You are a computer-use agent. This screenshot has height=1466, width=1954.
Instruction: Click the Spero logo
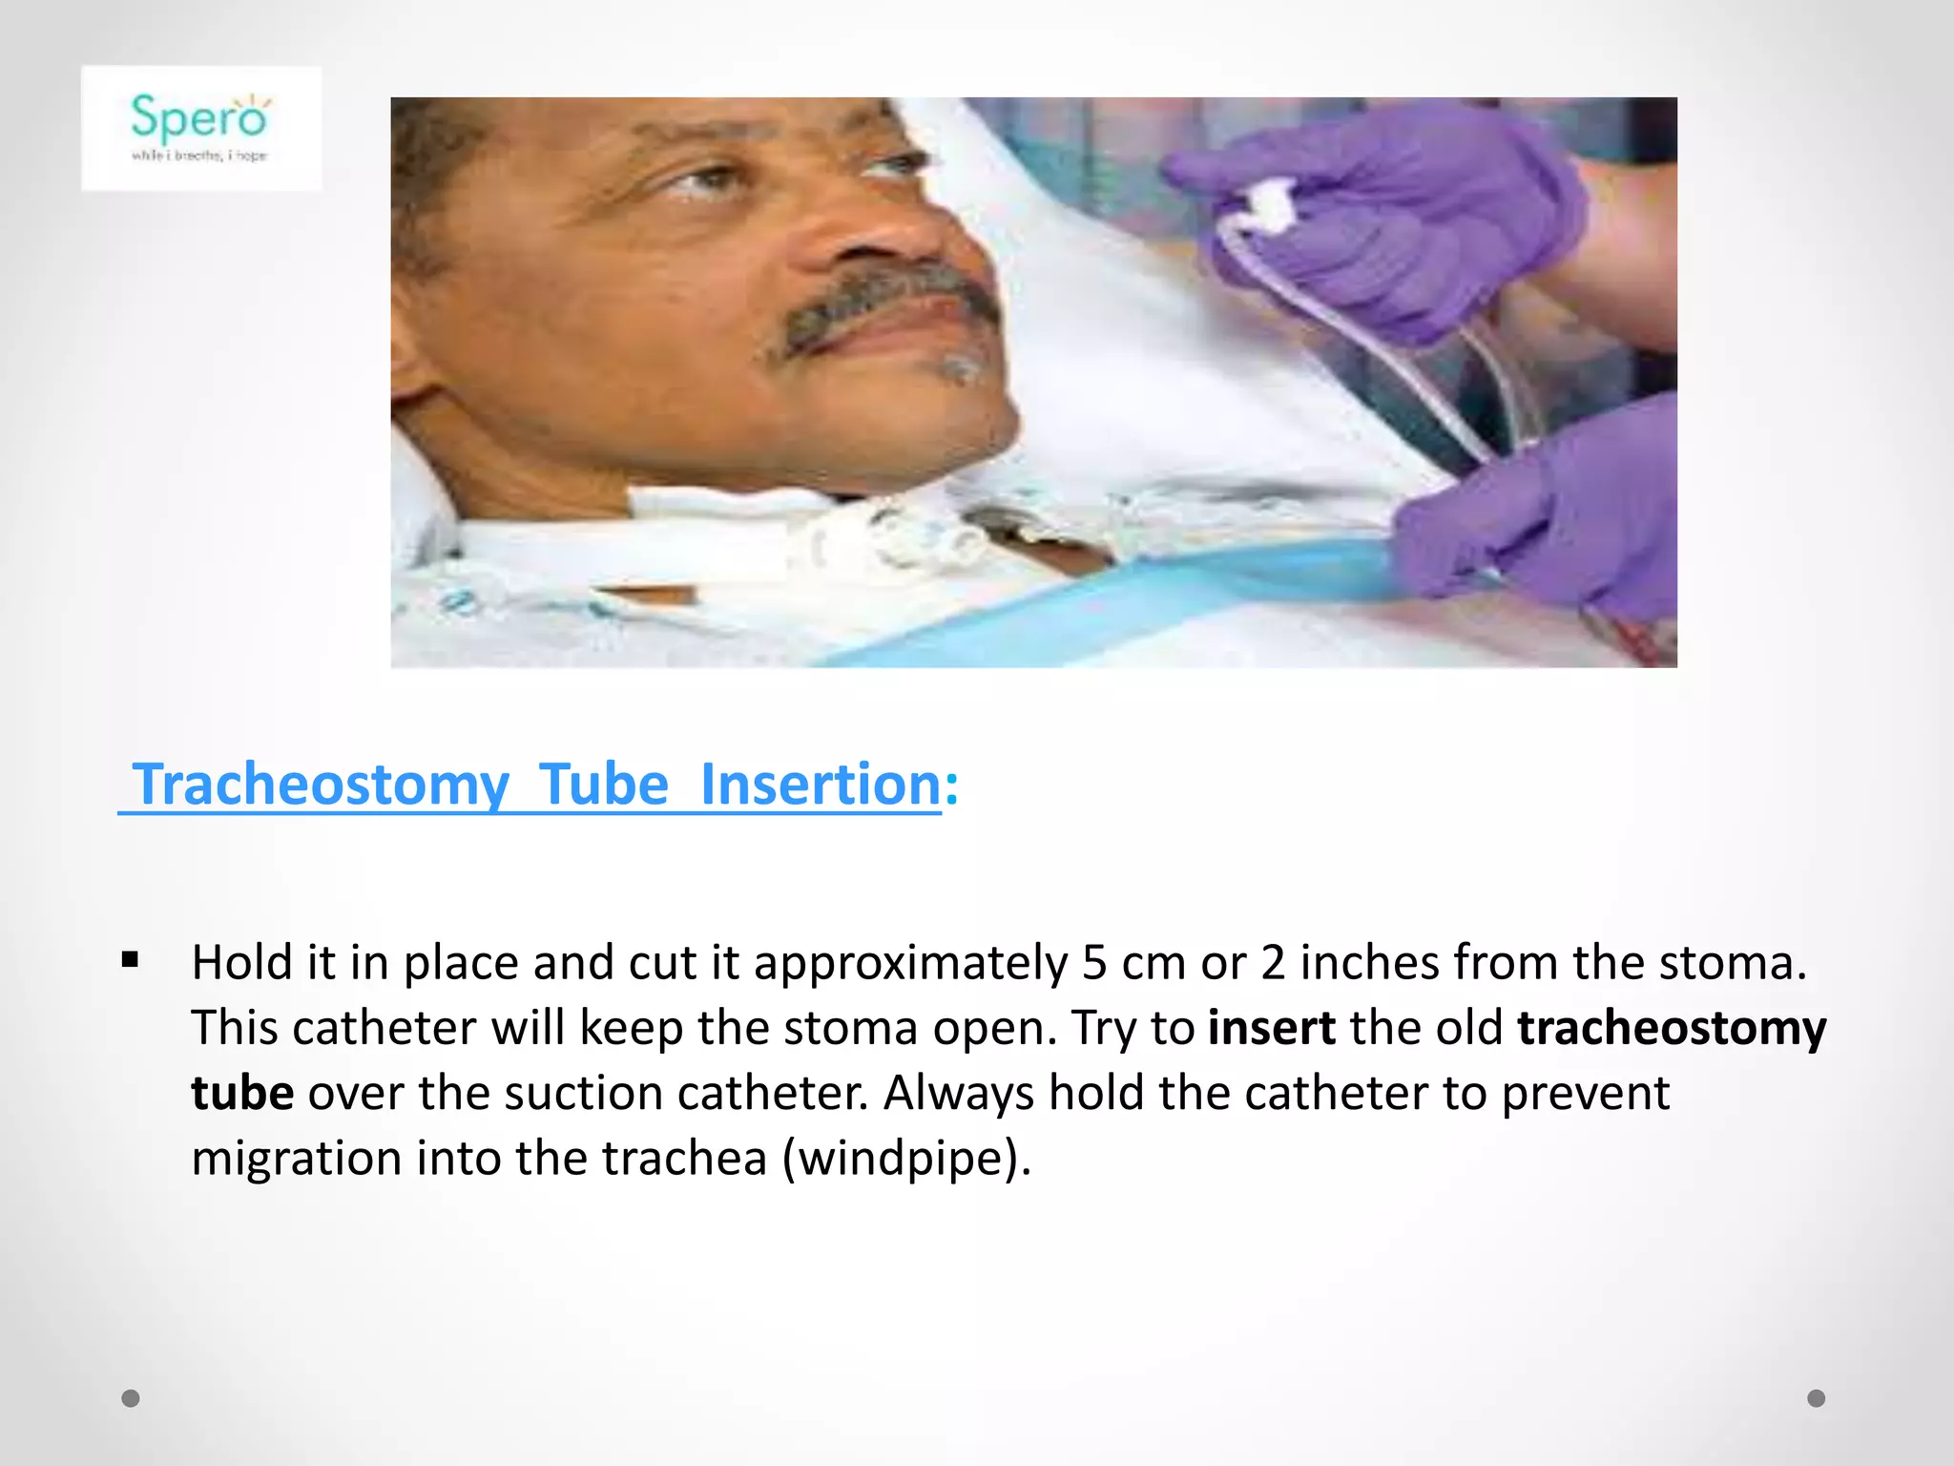(200, 127)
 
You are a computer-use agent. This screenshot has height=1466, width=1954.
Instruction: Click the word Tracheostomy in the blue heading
(321, 785)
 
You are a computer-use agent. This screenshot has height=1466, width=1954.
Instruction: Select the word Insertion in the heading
(821, 785)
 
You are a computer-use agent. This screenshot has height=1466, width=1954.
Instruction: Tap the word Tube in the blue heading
(604, 785)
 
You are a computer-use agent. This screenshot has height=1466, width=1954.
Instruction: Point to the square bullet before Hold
(131, 959)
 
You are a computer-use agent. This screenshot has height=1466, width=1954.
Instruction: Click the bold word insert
(1271, 1028)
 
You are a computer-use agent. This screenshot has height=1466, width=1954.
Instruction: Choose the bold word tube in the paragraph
(242, 1093)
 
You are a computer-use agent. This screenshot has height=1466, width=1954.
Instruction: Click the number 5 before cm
(1094, 963)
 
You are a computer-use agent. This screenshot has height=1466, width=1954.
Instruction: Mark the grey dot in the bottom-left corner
(131, 1398)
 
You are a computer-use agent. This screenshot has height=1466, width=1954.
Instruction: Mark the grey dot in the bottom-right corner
(1817, 1398)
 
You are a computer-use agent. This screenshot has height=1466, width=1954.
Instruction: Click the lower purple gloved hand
(1546, 515)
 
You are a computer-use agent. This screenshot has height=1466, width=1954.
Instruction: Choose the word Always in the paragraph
(959, 1094)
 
